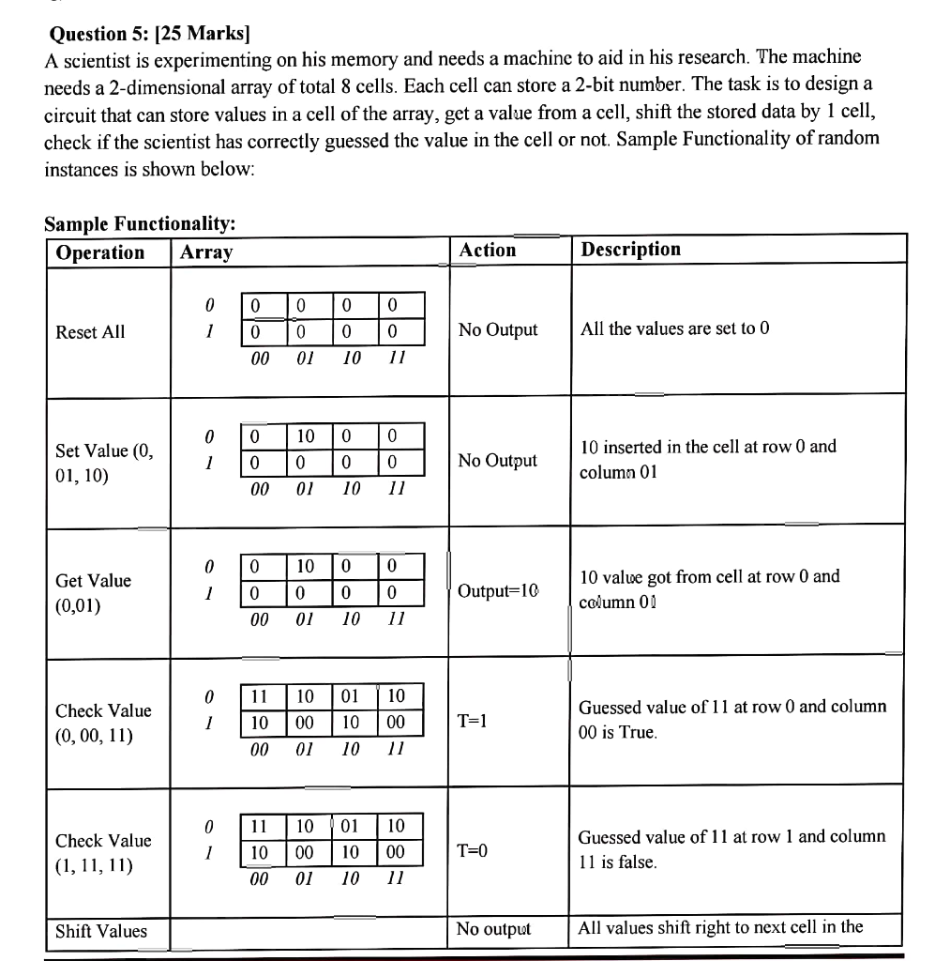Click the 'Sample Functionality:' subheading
pyautogui.click(x=140, y=223)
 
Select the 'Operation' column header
pyautogui.click(x=100, y=252)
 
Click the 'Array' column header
pyautogui.click(x=206, y=252)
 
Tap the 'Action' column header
pyautogui.click(x=488, y=250)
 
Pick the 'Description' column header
pyautogui.click(x=631, y=249)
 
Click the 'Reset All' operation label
pyautogui.click(x=90, y=332)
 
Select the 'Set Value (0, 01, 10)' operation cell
pyautogui.click(x=103, y=463)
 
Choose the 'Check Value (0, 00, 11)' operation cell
pyautogui.click(x=103, y=723)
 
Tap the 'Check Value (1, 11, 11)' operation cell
pyautogui.click(x=103, y=852)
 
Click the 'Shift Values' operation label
pyautogui.click(x=101, y=931)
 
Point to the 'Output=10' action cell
pyautogui.click(x=499, y=591)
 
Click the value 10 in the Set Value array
pyautogui.click(x=306, y=435)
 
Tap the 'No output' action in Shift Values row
pyautogui.click(x=493, y=929)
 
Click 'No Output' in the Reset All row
pyautogui.click(x=498, y=329)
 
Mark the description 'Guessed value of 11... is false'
pyautogui.click(x=731, y=849)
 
